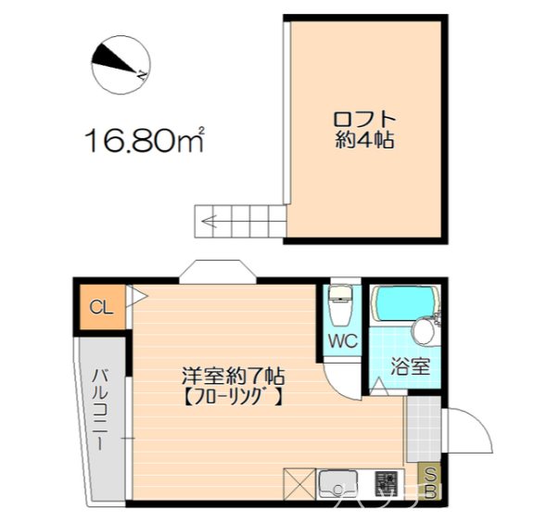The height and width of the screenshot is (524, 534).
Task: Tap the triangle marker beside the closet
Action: (x=139, y=298)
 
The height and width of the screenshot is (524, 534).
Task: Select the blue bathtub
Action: (x=404, y=302)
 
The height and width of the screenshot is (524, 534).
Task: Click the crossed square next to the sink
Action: (x=300, y=485)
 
